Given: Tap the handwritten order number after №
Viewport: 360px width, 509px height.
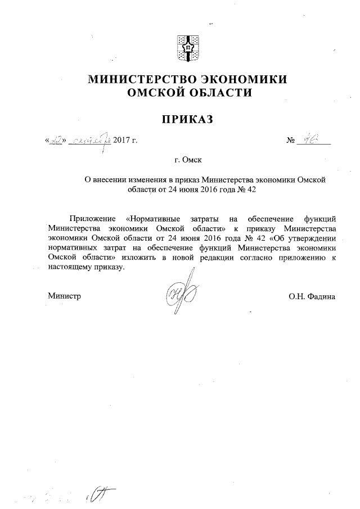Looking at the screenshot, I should (308, 139).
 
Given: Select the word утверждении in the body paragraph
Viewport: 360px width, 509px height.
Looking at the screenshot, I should (314, 237).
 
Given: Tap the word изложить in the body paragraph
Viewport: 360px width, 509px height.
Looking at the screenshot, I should (133, 256).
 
